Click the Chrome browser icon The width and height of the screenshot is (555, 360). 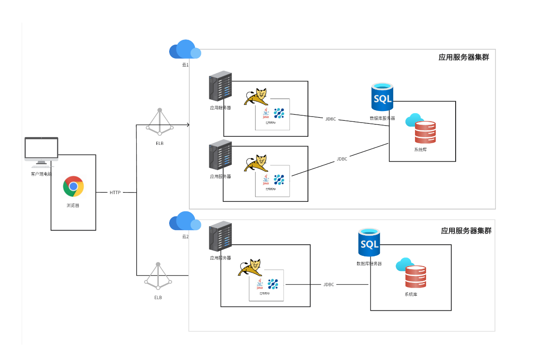point(73,186)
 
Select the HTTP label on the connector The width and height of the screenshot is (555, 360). point(115,193)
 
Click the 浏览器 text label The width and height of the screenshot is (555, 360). point(73,206)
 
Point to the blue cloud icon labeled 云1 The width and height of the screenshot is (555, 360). point(185,50)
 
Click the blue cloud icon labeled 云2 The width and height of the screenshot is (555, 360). point(185,221)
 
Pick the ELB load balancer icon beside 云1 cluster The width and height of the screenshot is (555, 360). point(159,122)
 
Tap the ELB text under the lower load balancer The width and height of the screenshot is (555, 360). point(158,297)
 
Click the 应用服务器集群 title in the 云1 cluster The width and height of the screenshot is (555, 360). point(463,57)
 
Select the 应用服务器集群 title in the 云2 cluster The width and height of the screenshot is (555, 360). point(466,231)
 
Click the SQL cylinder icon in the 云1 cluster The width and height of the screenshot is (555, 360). point(382,97)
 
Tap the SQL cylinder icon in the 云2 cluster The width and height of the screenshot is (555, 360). point(369,243)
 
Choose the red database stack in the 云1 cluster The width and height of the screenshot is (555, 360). point(425,132)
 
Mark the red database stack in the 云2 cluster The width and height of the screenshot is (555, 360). point(416,277)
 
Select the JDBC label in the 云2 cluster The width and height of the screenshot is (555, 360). point(328,285)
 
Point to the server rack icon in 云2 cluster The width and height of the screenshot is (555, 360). point(220,236)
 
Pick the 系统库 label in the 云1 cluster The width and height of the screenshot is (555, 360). point(420,150)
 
